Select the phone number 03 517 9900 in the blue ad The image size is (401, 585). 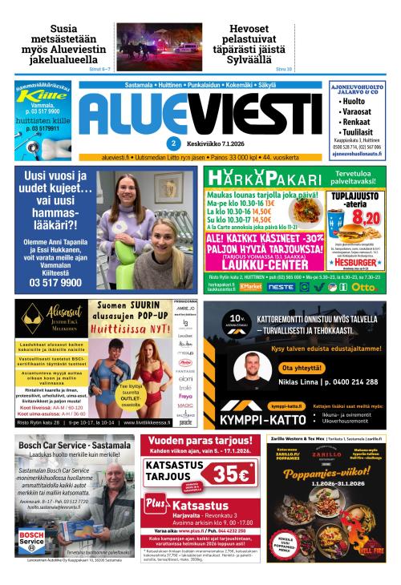coord(55,282)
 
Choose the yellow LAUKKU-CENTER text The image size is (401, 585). coord(259,261)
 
